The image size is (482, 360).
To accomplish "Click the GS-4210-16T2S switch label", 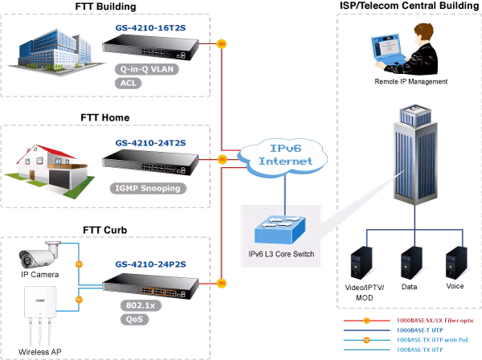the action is (x=151, y=28).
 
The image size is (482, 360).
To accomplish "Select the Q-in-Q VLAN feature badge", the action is (x=147, y=69).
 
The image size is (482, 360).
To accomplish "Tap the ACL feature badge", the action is (x=129, y=83).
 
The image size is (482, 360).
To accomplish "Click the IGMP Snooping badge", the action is (x=148, y=188).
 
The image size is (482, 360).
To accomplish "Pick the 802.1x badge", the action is (x=141, y=305).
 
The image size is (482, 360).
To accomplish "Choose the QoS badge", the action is (x=135, y=319).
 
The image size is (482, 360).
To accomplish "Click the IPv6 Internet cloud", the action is (x=284, y=157).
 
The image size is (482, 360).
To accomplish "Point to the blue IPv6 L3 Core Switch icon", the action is (x=280, y=230).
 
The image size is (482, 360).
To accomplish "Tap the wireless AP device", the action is (x=40, y=315).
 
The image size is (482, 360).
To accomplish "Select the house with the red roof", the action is (x=49, y=171).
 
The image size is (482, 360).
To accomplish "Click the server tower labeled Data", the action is (x=411, y=263).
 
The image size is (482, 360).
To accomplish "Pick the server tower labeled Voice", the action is (x=456, y=263).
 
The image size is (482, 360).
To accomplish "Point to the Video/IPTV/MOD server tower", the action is (x=361, y=263).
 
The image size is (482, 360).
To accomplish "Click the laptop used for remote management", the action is (x=388, y=50).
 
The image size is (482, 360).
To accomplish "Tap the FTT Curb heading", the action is (x=104, y=230).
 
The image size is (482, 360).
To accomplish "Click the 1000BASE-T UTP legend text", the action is (x=419, y=330).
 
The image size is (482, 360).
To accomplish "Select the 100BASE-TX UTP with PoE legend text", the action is (x=432, y=340).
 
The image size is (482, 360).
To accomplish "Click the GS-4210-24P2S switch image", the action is (x=151, y=286).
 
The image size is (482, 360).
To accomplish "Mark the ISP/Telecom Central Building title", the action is (x=409, y=6).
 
